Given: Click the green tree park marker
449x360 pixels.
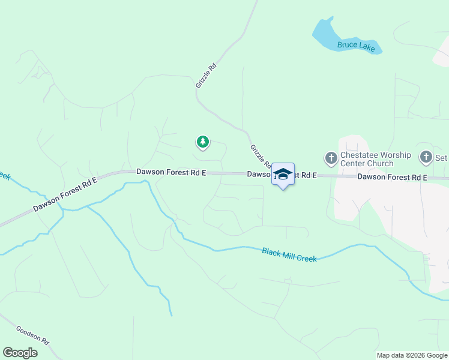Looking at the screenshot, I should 203,142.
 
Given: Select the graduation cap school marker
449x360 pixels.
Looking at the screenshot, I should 283,175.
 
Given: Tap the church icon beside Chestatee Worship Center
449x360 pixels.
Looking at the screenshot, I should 331,158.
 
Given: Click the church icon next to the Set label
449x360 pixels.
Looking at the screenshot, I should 426,158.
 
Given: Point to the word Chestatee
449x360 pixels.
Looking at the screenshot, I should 358,155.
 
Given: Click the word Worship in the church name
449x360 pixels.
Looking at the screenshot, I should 394,155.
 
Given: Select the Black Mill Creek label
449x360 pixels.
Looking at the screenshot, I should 289,254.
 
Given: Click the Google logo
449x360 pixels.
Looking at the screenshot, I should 20,353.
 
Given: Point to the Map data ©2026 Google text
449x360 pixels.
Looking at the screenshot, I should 412,355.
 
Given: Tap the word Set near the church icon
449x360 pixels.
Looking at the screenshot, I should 442,158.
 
